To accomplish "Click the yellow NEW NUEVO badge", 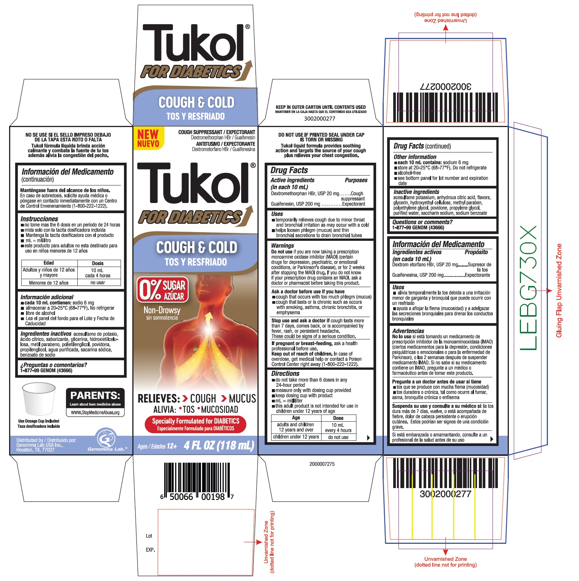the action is coord(148,138).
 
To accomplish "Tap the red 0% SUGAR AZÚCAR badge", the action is coord(162,290).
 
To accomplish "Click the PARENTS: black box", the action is coord(95,402).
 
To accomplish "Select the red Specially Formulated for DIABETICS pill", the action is coord(196,424).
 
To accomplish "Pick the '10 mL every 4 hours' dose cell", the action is coord(338,428).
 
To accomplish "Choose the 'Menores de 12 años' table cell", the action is coord(49,283).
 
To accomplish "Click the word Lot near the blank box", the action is coord(149,536).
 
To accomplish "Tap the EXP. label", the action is coord(151,550).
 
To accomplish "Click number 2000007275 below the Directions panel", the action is coord(322,464).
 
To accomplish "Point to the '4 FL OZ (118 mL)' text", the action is coord(219,445).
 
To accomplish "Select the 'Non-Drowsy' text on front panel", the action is coord(162,310).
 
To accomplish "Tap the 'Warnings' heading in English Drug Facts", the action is coord(282,246).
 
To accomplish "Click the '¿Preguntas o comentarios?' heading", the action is coord(53,365).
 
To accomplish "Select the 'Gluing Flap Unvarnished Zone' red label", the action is coord(559,290).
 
